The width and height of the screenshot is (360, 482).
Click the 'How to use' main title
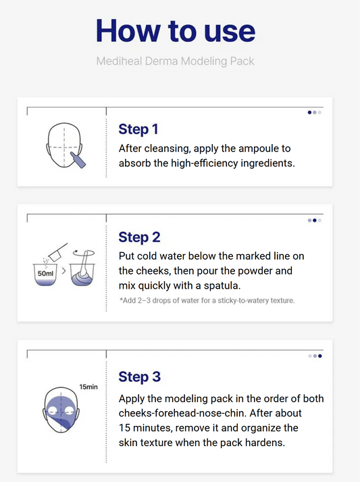point(176,30)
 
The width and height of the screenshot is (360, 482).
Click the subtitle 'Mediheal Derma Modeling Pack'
point(176,62)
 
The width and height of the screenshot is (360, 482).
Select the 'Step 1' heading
point(138,129)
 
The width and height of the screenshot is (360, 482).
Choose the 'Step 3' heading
point(139,377)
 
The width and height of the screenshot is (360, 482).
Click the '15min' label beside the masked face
point(88,387)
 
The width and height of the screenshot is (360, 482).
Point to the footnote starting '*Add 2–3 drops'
point(207,299)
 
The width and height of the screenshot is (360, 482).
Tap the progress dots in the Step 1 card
point(314,112)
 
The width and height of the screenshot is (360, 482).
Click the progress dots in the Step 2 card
point(314,220)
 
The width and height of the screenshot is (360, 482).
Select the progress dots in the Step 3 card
point(314,356)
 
